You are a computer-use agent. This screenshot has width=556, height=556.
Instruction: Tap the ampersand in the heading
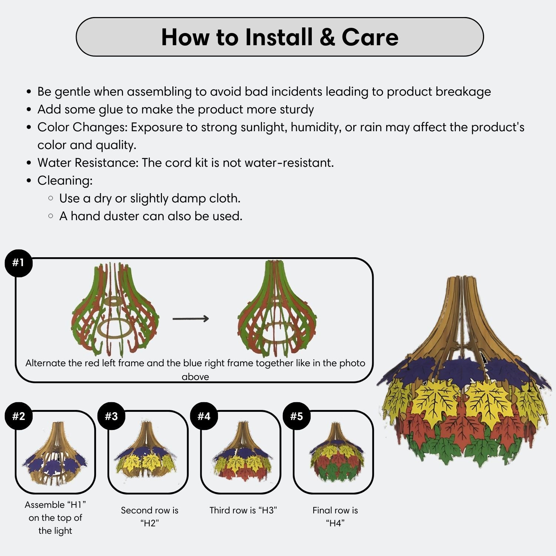[327, 37]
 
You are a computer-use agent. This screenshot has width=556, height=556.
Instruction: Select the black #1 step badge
[18, 263]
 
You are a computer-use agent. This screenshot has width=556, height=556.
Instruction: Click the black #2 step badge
[19, 416]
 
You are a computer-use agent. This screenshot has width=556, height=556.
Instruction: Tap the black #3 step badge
[111, 416]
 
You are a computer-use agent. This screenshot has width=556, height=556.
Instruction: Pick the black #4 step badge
[204, 416]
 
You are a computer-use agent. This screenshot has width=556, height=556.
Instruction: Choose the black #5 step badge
[297, 416]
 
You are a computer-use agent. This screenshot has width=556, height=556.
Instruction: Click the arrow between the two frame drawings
[191, 318]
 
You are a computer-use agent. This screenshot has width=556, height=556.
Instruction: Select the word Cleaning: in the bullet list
[65, 181]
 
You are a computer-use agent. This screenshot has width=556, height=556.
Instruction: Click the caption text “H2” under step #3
[150, 523]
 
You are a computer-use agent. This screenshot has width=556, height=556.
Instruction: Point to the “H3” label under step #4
[268, 510]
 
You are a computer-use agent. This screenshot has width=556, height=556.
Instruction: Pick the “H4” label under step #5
[335, 523]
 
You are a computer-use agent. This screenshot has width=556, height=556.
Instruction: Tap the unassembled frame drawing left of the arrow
[115, 310]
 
